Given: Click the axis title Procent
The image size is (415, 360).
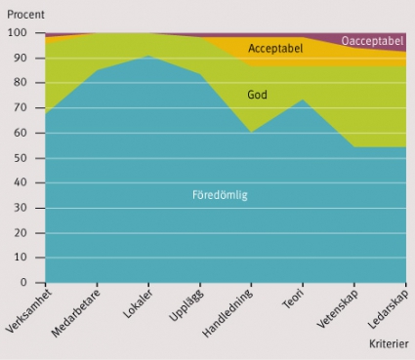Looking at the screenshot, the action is tap(25, 15).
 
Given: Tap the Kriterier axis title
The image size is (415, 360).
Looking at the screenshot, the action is tap(389, 343).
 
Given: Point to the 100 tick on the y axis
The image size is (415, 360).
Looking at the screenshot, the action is tap(21, 32).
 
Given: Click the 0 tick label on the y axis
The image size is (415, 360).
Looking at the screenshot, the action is tap(23, 282).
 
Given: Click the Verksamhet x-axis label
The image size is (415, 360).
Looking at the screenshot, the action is tap(28, 311).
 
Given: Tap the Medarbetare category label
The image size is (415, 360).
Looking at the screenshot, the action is tap(76, 313).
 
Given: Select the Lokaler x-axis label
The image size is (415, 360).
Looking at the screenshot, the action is tap(138, 304).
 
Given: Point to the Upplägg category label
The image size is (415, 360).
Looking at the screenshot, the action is tap(187, 305).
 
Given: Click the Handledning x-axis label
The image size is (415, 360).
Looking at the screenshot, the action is tap(228, 313).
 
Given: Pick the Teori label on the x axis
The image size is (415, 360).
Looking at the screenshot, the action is tap(293, 300).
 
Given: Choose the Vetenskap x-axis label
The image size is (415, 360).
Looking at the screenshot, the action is tap(338, 308).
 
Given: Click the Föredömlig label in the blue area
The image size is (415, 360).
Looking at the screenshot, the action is tap(220, 195).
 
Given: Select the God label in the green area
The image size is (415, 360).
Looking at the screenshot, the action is tap(257, 95).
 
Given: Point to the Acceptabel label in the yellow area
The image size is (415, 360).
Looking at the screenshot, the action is tap(275, 49).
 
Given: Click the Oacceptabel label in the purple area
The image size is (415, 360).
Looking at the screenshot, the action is tap(372, 41).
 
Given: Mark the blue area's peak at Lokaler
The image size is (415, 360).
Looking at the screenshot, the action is tap(148, 56).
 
